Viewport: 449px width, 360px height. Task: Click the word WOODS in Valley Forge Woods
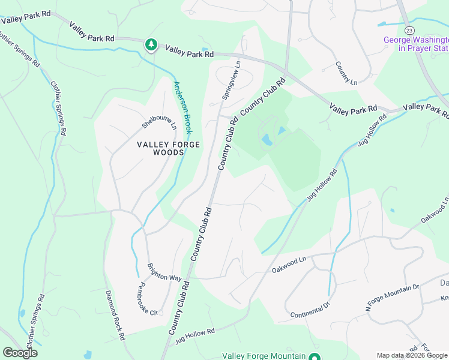(x=159, y=152)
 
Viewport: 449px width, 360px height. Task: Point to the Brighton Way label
(x=164, y=272)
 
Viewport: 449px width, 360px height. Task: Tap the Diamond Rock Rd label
(x=115, y=316)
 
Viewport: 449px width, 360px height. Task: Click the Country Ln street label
(x=346, y=73)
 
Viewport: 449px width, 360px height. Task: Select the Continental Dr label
(x=310, y=310)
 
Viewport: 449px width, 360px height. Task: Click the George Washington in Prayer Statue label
(x=416, y=44)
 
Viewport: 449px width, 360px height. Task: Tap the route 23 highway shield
(x=409, y=30)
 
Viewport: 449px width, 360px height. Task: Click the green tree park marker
(x=151, y=45)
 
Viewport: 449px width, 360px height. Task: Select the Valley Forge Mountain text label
(x=264, y=356)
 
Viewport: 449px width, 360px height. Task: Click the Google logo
(x=20, y=353)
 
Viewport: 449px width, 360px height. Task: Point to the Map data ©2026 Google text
(x=412, y=355)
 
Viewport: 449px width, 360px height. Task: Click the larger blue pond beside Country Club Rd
(x=266, y=140)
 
